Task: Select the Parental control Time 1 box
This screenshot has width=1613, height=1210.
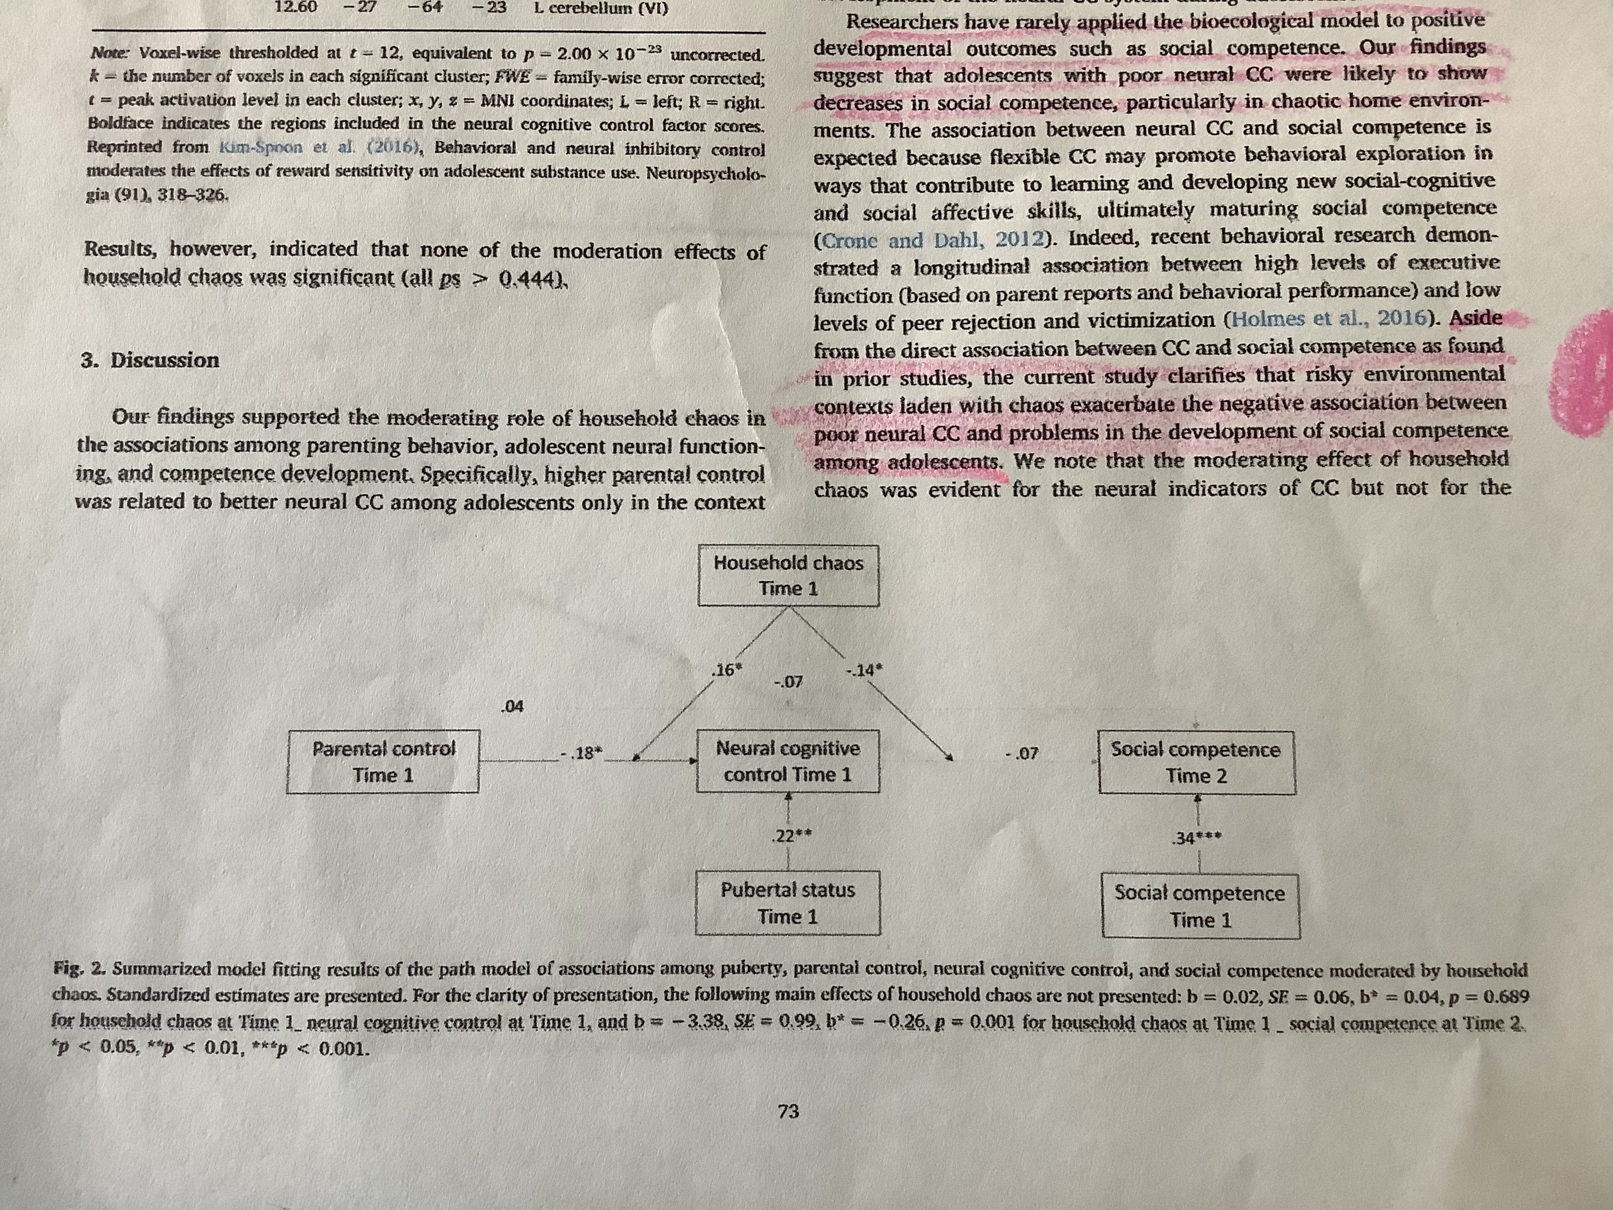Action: point(383,762)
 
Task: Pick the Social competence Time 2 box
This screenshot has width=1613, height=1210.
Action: point(1196,762)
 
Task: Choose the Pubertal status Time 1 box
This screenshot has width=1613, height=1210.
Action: point(788,903)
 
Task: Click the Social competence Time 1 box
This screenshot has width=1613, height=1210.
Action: point(1200,906)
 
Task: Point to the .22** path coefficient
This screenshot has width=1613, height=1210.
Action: point(791,836)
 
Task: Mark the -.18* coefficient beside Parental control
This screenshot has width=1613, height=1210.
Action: point(580,753)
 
